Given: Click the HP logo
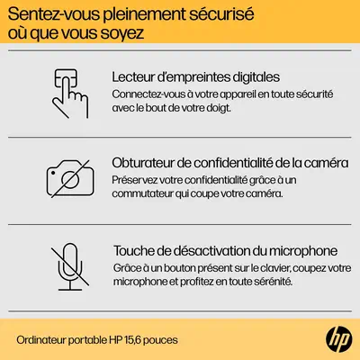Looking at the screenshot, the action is click(339, 339).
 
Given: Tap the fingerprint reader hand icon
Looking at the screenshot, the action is click(70, 94).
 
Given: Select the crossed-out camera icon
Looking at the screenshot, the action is click(70, 179).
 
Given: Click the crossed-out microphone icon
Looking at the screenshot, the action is click(70, 266).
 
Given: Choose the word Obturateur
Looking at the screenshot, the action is click(143, 163).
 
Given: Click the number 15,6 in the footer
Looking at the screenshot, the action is click(132, 340).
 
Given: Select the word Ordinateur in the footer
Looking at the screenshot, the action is click(41, 340).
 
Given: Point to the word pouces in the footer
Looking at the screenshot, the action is click(160, 340).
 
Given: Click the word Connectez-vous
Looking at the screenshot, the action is click(148, 94).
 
